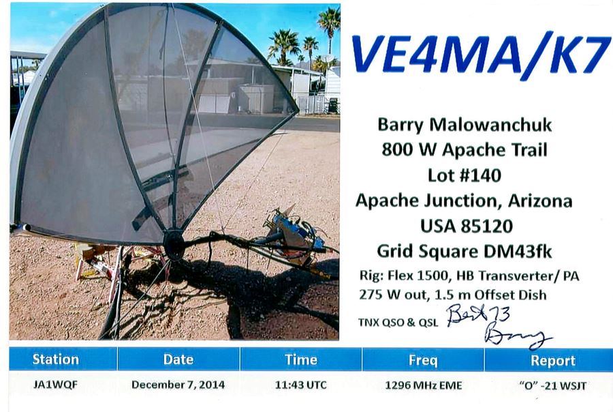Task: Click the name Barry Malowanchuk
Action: click(465, 126)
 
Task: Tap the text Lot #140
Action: click(465, 175)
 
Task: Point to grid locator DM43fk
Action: click(517, 251)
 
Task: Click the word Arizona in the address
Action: click(540, 201)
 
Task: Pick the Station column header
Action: click(56, 359)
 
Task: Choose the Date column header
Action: click(178, 359)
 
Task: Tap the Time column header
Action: click(300, 359)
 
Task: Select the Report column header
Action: click(553, 361)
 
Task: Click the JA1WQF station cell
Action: click(56, 385)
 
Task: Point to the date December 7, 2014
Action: click(178, 385)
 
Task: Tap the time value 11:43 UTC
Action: click(300, 385)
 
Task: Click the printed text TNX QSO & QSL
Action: click(398, 323)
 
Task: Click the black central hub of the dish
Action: click(174, 244)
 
